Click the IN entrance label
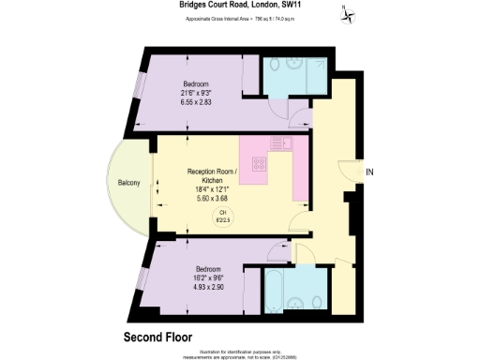369,172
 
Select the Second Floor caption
162,335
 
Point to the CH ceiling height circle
224,217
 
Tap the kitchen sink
282,143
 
